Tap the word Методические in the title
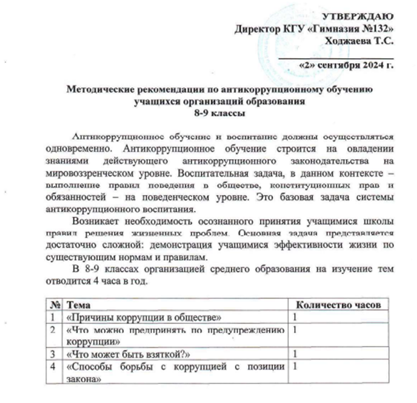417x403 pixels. coord(98,90)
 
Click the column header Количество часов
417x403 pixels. coord(338,305)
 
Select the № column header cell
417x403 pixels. coord(54,305)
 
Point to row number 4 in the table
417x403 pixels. coord(53,367)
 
